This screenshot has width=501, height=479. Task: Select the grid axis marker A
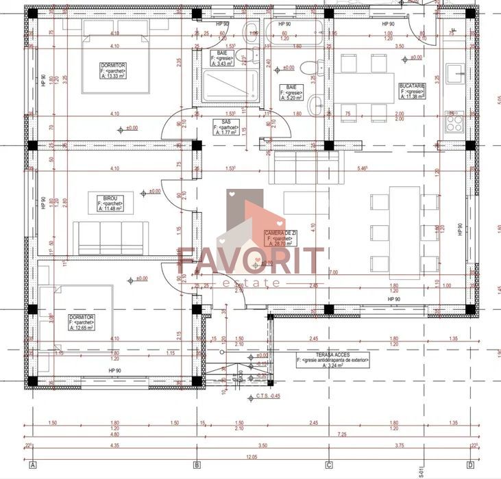[32, 465]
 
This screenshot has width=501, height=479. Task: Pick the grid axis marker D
[470, 465]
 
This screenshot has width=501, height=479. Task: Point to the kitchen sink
[455, 74]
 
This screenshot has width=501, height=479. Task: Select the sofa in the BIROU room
[111, 237]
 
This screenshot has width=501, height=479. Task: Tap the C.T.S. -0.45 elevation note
[267, 396]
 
